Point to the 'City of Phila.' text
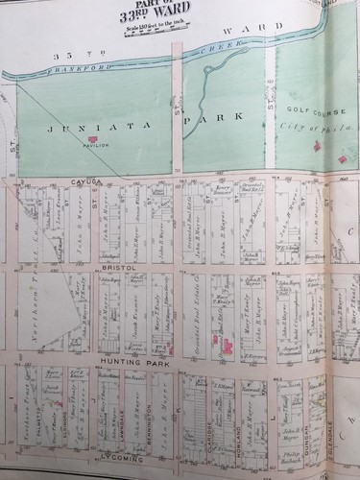[301, 128]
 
